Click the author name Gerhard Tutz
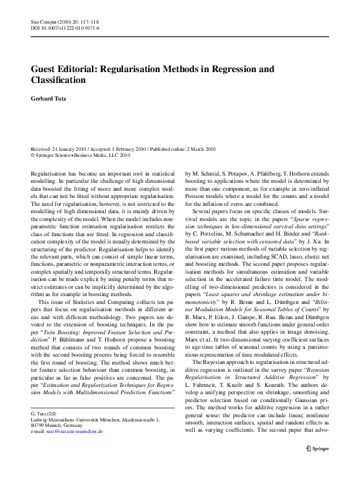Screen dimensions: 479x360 pos(50,99)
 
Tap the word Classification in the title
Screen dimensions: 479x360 pos(60,79)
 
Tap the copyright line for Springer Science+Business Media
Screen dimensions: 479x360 pos(80,154)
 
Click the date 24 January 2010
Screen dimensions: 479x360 pos(70,148)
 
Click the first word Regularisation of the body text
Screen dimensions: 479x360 pos(50,174)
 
